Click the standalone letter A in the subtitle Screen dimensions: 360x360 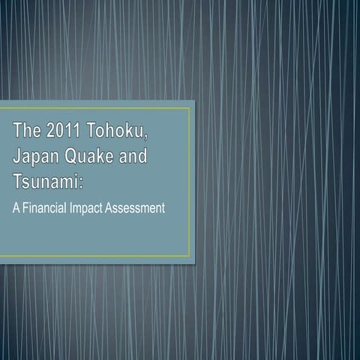pyautogui.click(x=14, y=208)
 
